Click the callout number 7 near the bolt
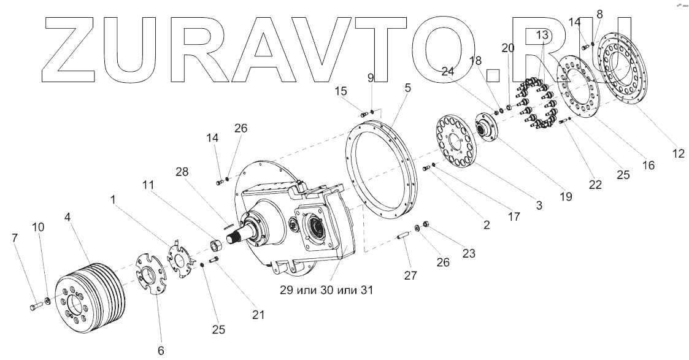[15, 239]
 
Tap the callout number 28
[182, 172]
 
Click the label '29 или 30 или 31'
[326, 289]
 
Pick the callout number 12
[679, 154]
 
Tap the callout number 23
[469, 253]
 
